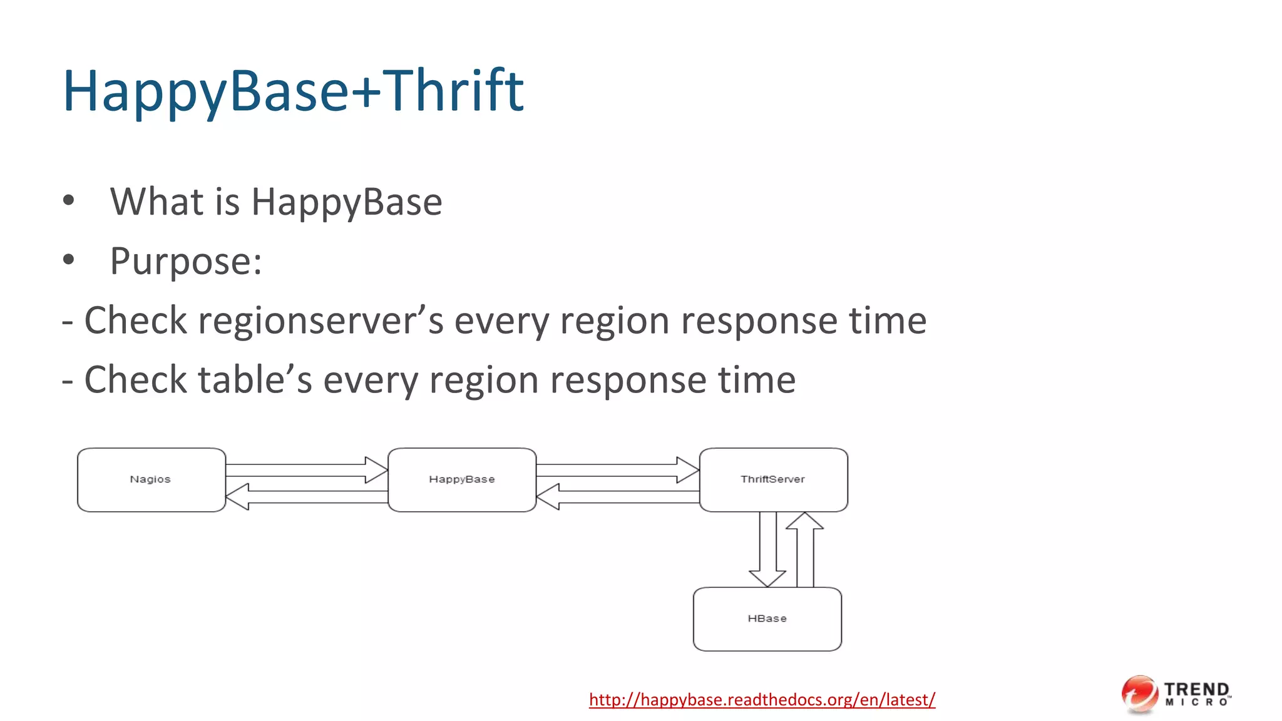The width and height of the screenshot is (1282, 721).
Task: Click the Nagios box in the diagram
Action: tap(151, 479)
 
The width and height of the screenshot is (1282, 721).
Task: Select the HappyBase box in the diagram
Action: tap(462, 479)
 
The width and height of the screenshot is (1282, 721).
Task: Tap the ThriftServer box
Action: tap(773, 479)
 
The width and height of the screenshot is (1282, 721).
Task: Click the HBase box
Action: tap(767, 618)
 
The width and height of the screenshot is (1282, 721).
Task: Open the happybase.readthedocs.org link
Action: tap(762, 699)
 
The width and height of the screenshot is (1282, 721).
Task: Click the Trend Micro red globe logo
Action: tap(1139, 693)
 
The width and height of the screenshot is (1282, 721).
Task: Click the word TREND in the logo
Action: tap(1196, 689)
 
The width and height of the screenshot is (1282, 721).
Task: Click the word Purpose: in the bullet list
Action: tap(186, 261)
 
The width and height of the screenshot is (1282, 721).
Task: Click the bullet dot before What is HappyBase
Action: tap(69, 201)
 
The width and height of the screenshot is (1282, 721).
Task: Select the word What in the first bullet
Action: tap(156, 202)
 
